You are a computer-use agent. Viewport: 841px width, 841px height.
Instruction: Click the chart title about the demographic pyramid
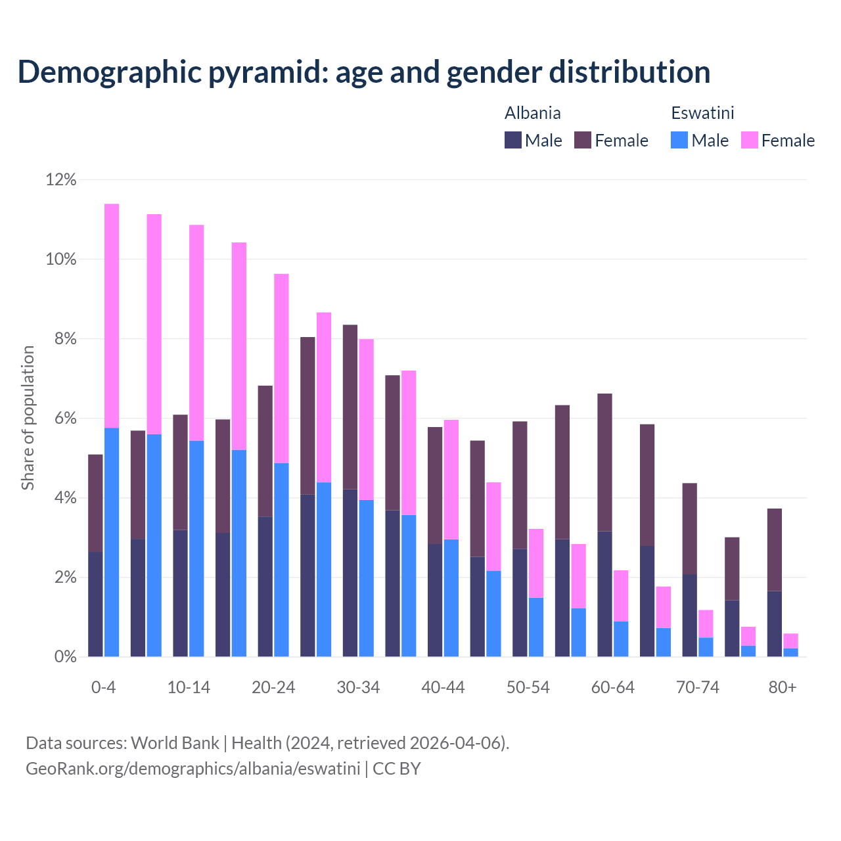coord(364,72)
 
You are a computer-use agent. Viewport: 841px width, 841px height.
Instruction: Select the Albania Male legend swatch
coord(512,140)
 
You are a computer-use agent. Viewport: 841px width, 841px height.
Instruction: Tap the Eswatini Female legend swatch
coord(749,140)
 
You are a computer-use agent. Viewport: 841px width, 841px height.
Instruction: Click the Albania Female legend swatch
coord(583,140)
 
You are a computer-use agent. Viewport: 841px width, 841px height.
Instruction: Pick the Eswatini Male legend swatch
coord(679,140)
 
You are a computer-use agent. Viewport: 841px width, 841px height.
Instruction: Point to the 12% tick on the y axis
coord(61,179)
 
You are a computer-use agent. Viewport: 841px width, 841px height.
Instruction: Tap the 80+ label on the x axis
coord(783,688)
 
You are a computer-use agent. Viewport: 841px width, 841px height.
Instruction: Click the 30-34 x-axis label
coord(358,688)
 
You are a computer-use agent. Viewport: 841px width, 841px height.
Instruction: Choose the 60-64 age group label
coord(613,688)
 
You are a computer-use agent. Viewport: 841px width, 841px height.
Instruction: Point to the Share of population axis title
coord(28,418)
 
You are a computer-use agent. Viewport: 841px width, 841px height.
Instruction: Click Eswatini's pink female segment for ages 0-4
coord(112,315)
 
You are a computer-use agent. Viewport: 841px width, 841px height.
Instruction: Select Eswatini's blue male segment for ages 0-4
coord(112,542)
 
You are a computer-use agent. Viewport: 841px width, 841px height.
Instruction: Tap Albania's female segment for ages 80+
coord(775,549)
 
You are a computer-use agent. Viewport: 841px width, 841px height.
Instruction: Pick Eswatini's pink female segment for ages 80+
coord(791,641)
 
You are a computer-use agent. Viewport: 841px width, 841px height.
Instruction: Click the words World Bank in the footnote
coord(175,743)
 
